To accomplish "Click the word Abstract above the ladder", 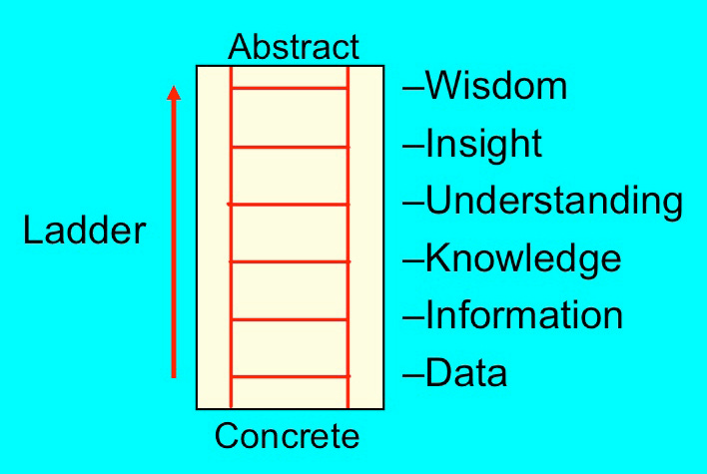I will tap(293, 47).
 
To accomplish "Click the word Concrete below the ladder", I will tap(287, 436).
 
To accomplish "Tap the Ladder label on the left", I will tap(84, 232).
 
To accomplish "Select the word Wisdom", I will tap(496, 87).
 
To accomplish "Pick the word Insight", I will tap(483, 145).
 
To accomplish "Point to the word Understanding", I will tap(554, 202).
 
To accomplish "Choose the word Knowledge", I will tap(523, 259).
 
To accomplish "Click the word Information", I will tap(524, 316).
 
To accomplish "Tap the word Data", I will tap(466, 374).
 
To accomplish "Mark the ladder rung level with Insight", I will tap(290, 147).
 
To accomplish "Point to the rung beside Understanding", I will tap(290, 204).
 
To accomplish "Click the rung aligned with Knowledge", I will tap(290, 261).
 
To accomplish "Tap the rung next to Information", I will tap(290, 319).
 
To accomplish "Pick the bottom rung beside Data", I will tap(290, 376).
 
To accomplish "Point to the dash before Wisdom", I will tap(413, 89).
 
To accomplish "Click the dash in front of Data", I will tap(413, 376).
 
